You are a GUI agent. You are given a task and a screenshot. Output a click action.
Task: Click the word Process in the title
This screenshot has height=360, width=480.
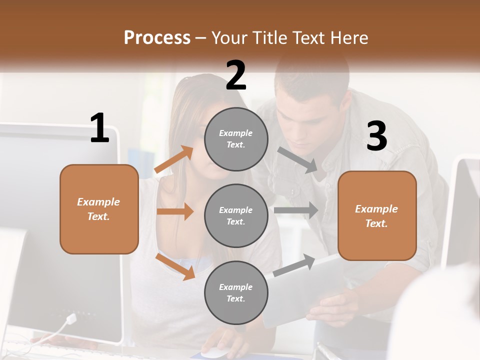pos(157,38)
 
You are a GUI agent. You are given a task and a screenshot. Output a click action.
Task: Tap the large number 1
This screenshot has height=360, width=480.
pos(99,128)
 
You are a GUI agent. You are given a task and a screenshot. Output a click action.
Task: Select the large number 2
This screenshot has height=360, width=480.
pos(236,75)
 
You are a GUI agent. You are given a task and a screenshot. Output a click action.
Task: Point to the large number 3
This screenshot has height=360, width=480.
pos(376,136)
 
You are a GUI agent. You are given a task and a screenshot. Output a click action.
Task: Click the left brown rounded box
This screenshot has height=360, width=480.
pos(99,209)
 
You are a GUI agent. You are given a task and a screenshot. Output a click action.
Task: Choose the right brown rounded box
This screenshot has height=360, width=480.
pos(377,215)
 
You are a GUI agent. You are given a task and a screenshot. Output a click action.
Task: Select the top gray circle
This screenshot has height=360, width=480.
pos(236,139)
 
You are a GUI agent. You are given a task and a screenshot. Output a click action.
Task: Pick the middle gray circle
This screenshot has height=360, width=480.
pos(236,215)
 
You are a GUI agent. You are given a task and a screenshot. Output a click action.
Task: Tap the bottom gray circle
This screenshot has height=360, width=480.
pos(236,292)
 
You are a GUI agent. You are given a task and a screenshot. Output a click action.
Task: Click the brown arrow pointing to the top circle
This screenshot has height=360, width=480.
pos(174,159)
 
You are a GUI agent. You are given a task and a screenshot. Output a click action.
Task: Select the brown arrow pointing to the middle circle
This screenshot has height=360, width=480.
pos(175,211)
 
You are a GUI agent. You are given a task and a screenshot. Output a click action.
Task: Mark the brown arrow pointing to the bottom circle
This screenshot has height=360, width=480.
pos(175,266)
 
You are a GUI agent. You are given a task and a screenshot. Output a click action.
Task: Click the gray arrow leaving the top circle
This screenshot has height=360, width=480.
pos(298,160)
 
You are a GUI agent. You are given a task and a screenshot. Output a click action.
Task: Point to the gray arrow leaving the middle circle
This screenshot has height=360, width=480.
pos(296,210)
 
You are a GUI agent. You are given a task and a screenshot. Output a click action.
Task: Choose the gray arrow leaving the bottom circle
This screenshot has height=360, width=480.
pos(294,265)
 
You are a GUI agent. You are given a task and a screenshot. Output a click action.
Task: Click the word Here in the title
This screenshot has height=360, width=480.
pos(350,38)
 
